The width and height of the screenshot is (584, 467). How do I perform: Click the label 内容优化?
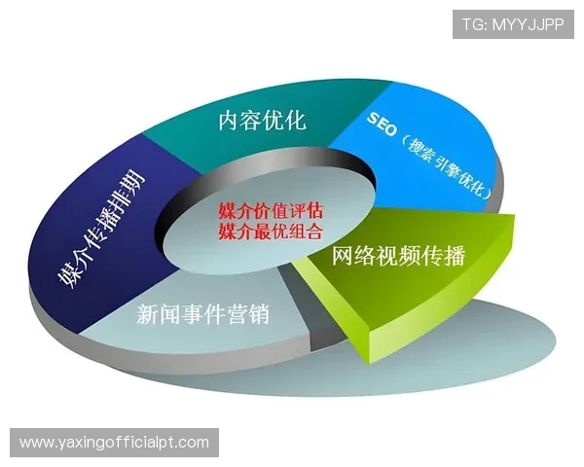262,121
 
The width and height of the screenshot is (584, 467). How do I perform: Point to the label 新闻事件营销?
202,314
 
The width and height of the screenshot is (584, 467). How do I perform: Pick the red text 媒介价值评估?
271,212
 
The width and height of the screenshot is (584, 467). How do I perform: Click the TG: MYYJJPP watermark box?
513,22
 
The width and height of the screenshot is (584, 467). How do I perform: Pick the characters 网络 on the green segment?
354,258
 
